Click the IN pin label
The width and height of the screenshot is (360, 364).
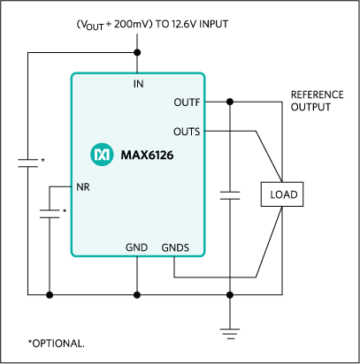click(x=138, y=84)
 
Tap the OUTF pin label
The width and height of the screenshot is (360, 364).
click(x=188, y=102)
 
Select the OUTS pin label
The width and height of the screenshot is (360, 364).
click(x=188, y=132)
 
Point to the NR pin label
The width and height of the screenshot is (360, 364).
click(x=83, y=187)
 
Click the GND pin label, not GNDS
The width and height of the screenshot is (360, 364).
click(x=137, y=247)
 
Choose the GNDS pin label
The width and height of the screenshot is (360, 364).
click(x=175, y=247)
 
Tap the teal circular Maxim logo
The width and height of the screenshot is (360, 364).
click(x=101, y=155)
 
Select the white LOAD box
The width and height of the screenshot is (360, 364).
click(x=282, y=194)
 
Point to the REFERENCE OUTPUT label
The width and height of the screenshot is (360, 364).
click(x=316, y=101)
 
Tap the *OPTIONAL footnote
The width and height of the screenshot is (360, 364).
click(x=55, y=343)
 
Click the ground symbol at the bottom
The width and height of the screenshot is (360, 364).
click(x=230, y=332)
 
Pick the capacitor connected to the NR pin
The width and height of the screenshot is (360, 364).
click(x=50, y=212)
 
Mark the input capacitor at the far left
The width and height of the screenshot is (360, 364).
click(x=28, y=163)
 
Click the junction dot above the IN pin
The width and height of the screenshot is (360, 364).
click(x=138, y=52)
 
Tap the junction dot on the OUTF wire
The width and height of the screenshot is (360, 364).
click(x=230, y=102)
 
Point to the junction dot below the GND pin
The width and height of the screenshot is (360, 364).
click(x=138, y=294)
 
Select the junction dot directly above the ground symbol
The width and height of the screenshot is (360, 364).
click(x=230, y=294)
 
